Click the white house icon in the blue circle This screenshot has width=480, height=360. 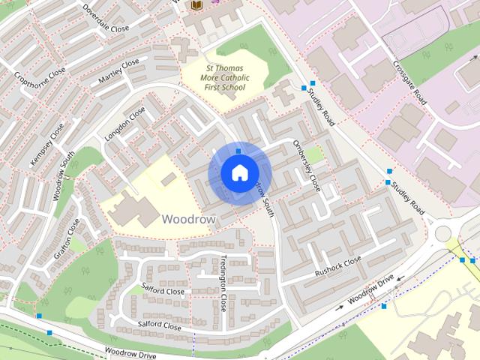(238, 173)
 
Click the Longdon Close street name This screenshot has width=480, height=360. (124, 124)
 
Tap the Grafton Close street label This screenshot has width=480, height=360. (67, 238)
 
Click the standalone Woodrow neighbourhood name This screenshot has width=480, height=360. (188, 219)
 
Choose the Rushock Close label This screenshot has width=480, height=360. (338, 265)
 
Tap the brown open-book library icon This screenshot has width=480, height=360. (197, 6)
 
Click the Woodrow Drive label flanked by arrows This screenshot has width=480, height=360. (370, 289)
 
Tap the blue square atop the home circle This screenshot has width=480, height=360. (238, 151)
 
